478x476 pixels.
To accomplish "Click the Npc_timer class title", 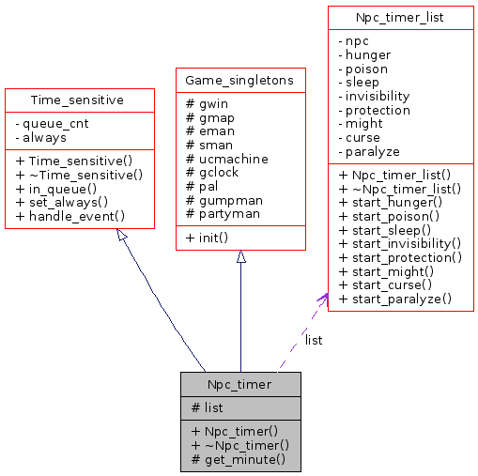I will click(x=240, y=384).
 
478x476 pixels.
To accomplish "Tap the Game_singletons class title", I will click(x=240, y=80).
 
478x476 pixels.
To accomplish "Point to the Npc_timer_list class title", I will click(x=400, y=17).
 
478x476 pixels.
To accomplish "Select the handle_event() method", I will click(x=70, y=215).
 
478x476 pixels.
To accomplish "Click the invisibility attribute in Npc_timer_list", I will click(x=377, y=96).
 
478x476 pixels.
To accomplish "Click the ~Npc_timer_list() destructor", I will click(x=399, y=188).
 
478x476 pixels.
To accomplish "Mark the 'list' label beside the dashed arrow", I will click(x=314, y=340).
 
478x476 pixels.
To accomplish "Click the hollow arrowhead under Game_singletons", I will click(x=240, y=257).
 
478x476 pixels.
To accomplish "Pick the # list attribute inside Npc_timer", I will click(x=208, y=407).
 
